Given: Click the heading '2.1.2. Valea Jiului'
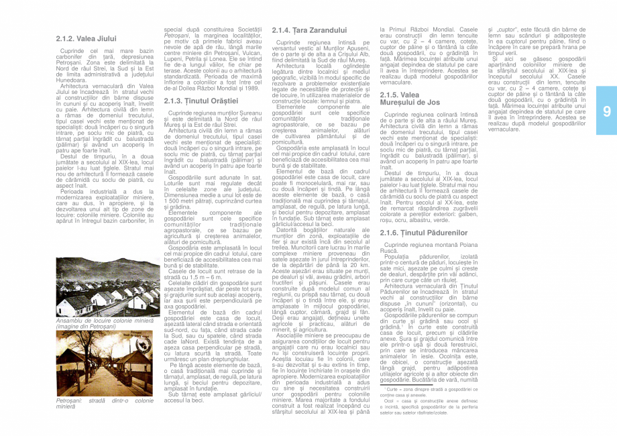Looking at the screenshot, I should click(x=86, y=39).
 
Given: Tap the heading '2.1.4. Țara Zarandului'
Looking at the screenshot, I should click(x=309, y=31).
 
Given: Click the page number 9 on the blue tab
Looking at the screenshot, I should click(x=606, y=111).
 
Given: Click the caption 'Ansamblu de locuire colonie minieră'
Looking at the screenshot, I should click(x=105, y=322).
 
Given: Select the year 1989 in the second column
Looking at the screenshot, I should click(x=250, y=88).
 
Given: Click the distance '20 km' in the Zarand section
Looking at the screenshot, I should click(x=359, y=266).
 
